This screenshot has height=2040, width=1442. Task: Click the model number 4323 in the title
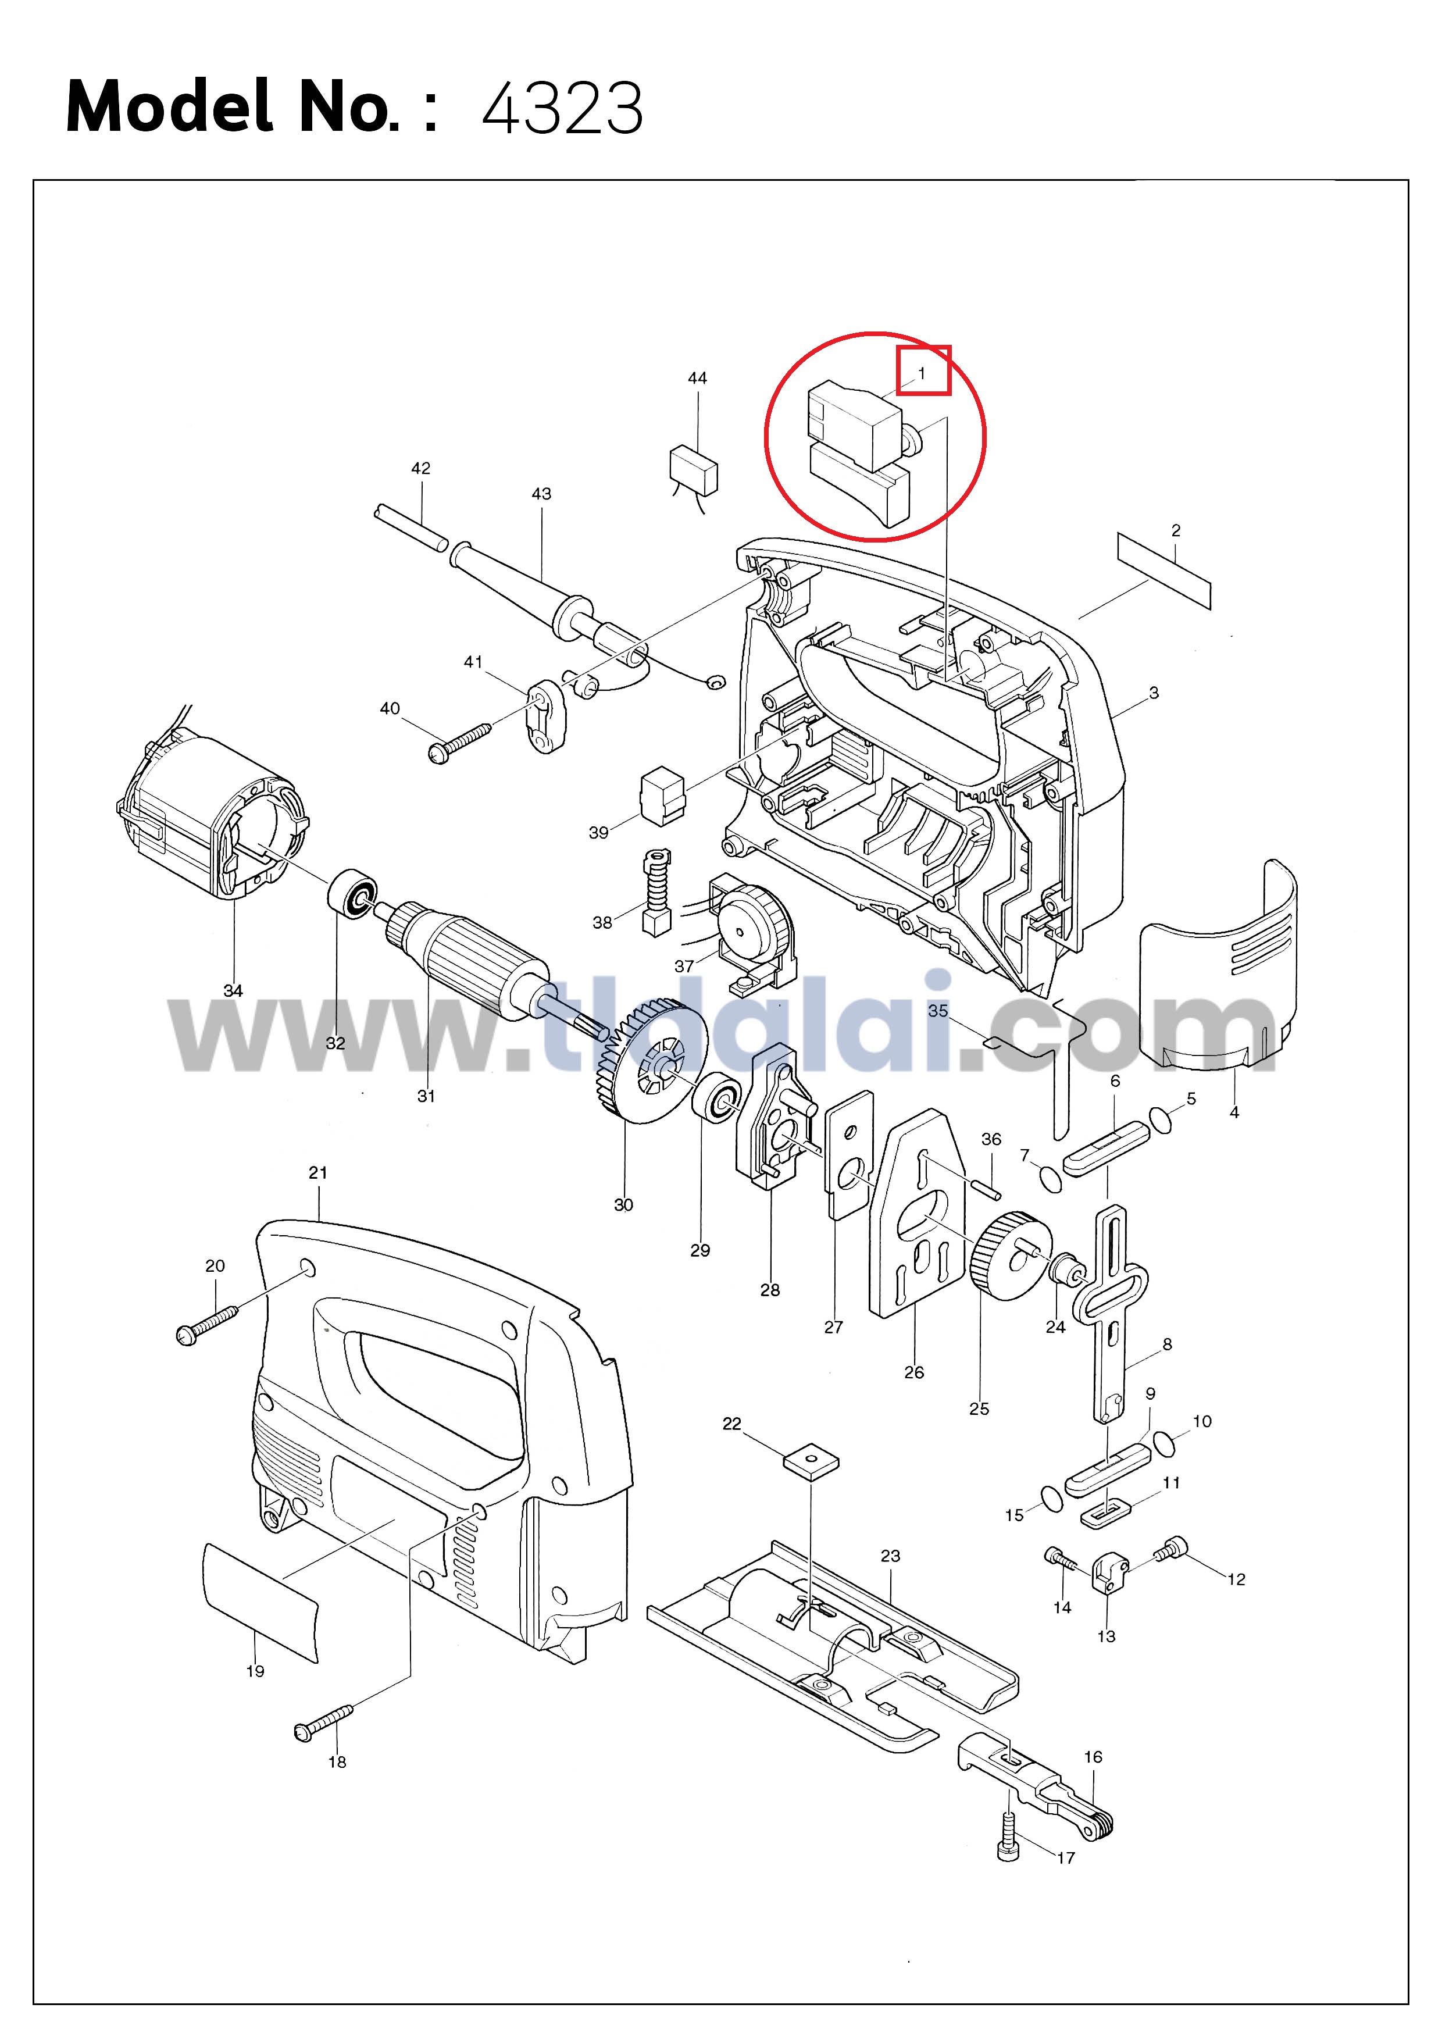562,108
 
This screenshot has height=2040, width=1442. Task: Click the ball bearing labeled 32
353,895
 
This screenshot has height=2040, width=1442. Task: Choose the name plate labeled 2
1164,570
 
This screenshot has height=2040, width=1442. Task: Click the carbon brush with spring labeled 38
656,893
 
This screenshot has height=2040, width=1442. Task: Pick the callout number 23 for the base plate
890,1556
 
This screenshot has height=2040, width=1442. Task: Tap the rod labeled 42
409,528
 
